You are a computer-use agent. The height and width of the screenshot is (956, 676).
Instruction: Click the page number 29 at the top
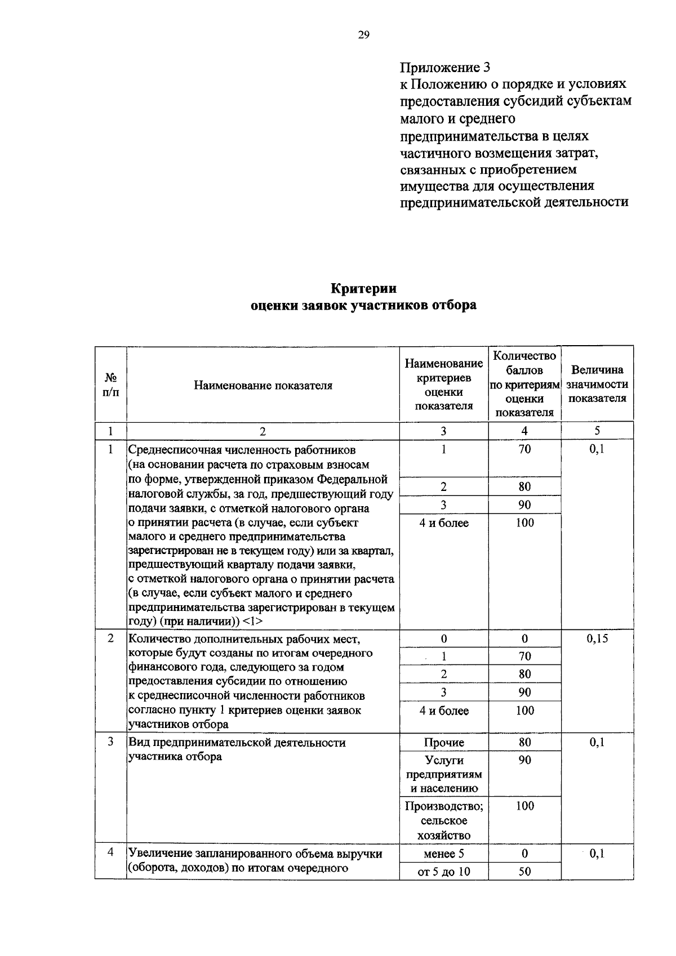click(x=363, y=35)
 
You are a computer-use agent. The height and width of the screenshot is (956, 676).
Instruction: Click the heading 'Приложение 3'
click(x=445, y=68)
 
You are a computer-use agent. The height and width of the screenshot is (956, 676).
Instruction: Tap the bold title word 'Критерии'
click(x=363, y=288)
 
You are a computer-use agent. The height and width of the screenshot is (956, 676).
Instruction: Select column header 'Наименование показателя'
click(x=263, y=386)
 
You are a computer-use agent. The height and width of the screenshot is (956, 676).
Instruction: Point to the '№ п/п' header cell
click(x=111, y=384)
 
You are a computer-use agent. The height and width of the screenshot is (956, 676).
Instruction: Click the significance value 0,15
click(x=597, y=638)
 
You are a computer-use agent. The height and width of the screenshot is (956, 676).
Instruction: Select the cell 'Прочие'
click(x=444, y=743)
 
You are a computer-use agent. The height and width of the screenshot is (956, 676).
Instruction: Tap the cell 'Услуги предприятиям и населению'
click(x=444, y=774)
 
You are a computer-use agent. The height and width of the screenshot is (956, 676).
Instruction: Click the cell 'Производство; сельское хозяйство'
click(x=444, y=820)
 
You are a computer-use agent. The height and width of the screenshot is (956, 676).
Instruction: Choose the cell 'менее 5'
click(x=444, y=854)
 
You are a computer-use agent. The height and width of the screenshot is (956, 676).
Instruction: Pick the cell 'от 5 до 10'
click(x=444, y=872)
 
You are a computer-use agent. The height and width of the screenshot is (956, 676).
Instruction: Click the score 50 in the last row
click(x=524, y=872)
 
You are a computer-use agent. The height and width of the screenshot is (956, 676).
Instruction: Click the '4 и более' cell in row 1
click(x=444, y=523)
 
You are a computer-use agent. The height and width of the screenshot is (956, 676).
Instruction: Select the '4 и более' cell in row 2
click(x=444, y=711)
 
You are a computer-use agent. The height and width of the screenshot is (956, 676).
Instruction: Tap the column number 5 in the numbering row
click(x=597, y=431)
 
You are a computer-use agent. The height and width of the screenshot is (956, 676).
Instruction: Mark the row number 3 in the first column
click(x=111, y=742)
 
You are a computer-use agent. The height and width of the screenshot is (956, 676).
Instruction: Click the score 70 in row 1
click(x=524, y=449)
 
